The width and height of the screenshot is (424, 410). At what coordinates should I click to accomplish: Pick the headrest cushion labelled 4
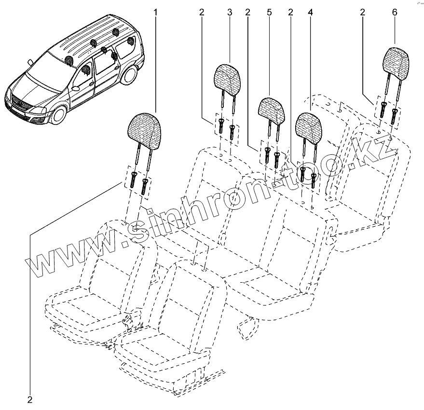coord(309,126)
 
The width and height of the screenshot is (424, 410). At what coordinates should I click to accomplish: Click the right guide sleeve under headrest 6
coord(394,115)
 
